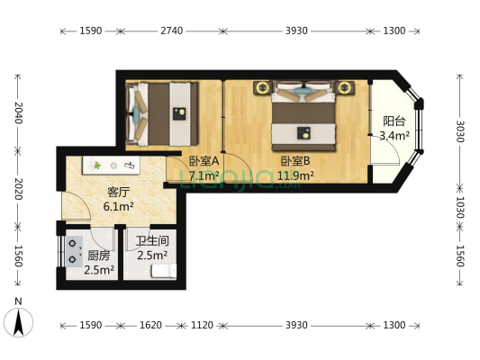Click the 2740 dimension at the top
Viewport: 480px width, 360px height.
coord(172,31)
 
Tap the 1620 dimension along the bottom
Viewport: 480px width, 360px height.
coord(150,325)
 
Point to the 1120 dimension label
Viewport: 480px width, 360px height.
coord(202,325)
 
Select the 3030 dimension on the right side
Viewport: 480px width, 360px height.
coord(460,131)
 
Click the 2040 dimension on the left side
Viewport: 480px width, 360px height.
coord(19,112)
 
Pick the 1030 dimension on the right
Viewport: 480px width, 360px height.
coord(460,207)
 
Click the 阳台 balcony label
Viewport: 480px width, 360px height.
coord(394,121)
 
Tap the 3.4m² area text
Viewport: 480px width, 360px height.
coord(394,135)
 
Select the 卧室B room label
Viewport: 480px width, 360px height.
coord(295,161)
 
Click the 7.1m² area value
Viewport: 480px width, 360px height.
coord(204,175)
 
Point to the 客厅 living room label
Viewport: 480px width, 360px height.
coord(118,193)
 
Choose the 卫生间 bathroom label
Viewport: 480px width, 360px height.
coord(152,241)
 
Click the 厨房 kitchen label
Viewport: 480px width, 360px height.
coord(99,256)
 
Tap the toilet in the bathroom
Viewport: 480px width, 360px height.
coord(164,271)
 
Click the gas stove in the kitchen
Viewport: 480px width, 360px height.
coord(74,251)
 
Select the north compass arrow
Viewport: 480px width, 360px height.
coord(19,323)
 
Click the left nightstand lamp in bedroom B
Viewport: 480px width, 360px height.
coord(262,88)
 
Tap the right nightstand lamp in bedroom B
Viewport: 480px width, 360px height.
coord(345,88)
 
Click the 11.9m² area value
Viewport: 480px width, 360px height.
coord(295,175)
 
